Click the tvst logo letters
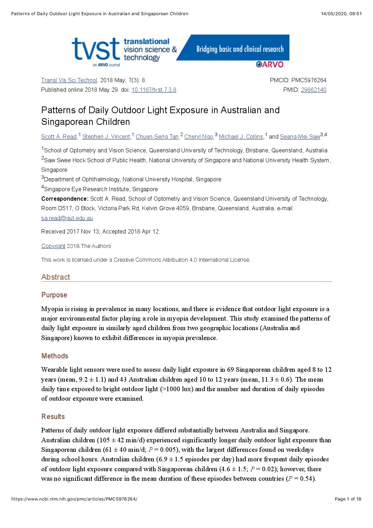coord(96,49)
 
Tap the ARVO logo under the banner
coord(270,64)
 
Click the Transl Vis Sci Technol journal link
coord(69,80)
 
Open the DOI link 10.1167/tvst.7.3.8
coord(154,90)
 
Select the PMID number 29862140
coord(313,90)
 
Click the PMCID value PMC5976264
coord(309,80)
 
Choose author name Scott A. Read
coord(59,136)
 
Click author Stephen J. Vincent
coord(106,136)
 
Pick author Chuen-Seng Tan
coord(157,136)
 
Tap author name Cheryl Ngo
coord(198,136)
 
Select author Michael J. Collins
coord(241,136)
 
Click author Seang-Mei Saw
coord(300,136)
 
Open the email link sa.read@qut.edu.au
coord(67,218)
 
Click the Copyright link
coord(53,246)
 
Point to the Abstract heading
coord(56,277)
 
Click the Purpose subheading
coord(54,295)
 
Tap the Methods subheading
coord(55,356)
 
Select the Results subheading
coord(53,417)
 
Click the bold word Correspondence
coord(65,199)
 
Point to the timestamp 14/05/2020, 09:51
coord(341,14)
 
